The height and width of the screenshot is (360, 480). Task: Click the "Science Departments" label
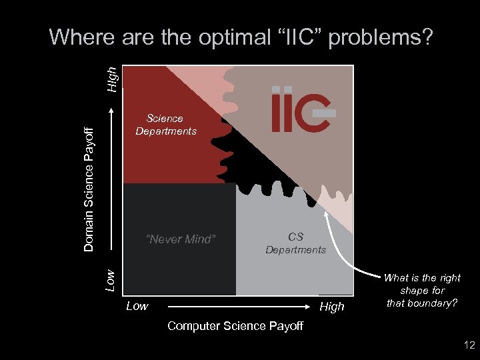[x=166, y=125]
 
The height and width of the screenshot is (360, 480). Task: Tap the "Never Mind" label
[x=181, y=239]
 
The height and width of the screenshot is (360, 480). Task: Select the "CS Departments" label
[x=295, y=243]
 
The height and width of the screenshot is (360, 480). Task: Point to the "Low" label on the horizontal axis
[x=137, y=306]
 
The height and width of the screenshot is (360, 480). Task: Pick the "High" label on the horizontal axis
[x=332, y=306]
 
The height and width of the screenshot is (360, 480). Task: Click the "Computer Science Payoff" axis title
[x=235, y=325]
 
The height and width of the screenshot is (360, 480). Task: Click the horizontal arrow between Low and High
[x=240, y=307]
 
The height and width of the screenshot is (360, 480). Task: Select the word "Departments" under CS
[x=295, y=250]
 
